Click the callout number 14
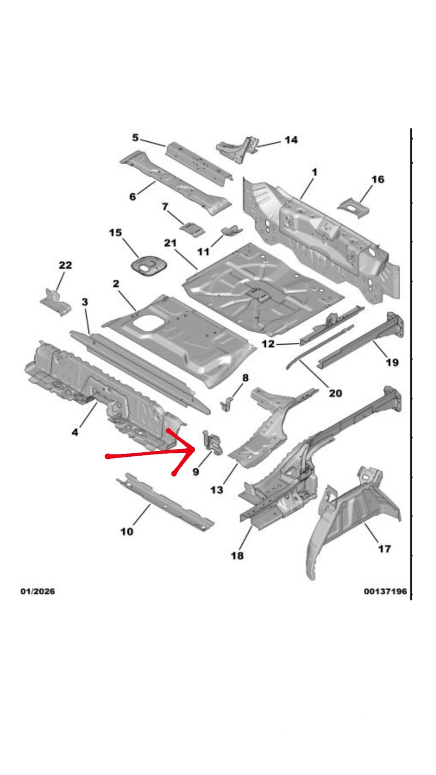tap(291, 140)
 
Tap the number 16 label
tap(377, 179)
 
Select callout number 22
tap(65, 265)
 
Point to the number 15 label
tap(115, 232)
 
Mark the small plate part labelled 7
tap(192, 229)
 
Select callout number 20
tap(335, 393)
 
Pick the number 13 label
tap(216, 490)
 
